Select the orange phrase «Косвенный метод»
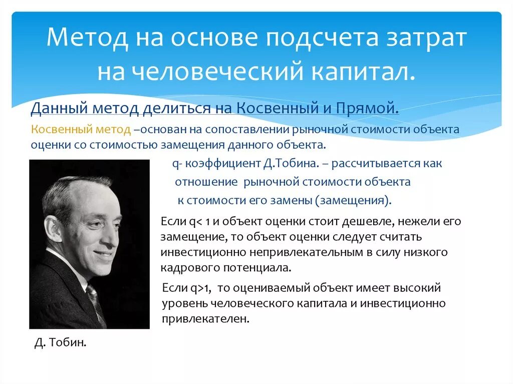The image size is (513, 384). click(81, 130)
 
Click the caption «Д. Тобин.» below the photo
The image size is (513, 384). click(61, 343)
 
